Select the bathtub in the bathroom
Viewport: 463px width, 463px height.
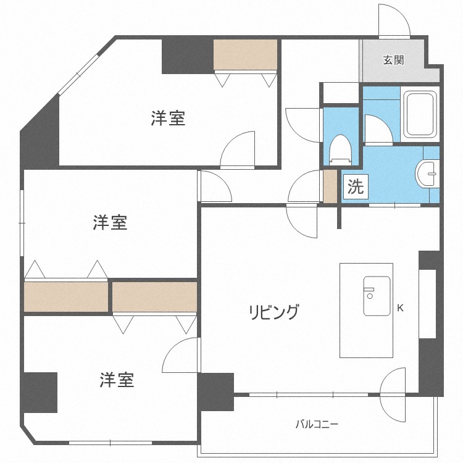coord(420,115)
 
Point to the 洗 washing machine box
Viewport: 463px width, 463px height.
coord(355,186)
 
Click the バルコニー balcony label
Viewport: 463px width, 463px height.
coord(317,424)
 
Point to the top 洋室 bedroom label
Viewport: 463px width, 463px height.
coord(168,118)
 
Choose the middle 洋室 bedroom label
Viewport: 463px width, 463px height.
coord(110,222)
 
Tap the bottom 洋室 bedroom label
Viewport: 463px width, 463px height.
coord(117,380)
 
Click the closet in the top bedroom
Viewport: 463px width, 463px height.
coord(245,55)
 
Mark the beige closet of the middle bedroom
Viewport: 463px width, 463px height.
coord(65,296)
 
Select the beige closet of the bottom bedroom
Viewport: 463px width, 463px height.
coord(154,297)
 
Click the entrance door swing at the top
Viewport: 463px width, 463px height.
coord(394,21)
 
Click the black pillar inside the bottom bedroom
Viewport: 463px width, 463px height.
coord(40,392)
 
